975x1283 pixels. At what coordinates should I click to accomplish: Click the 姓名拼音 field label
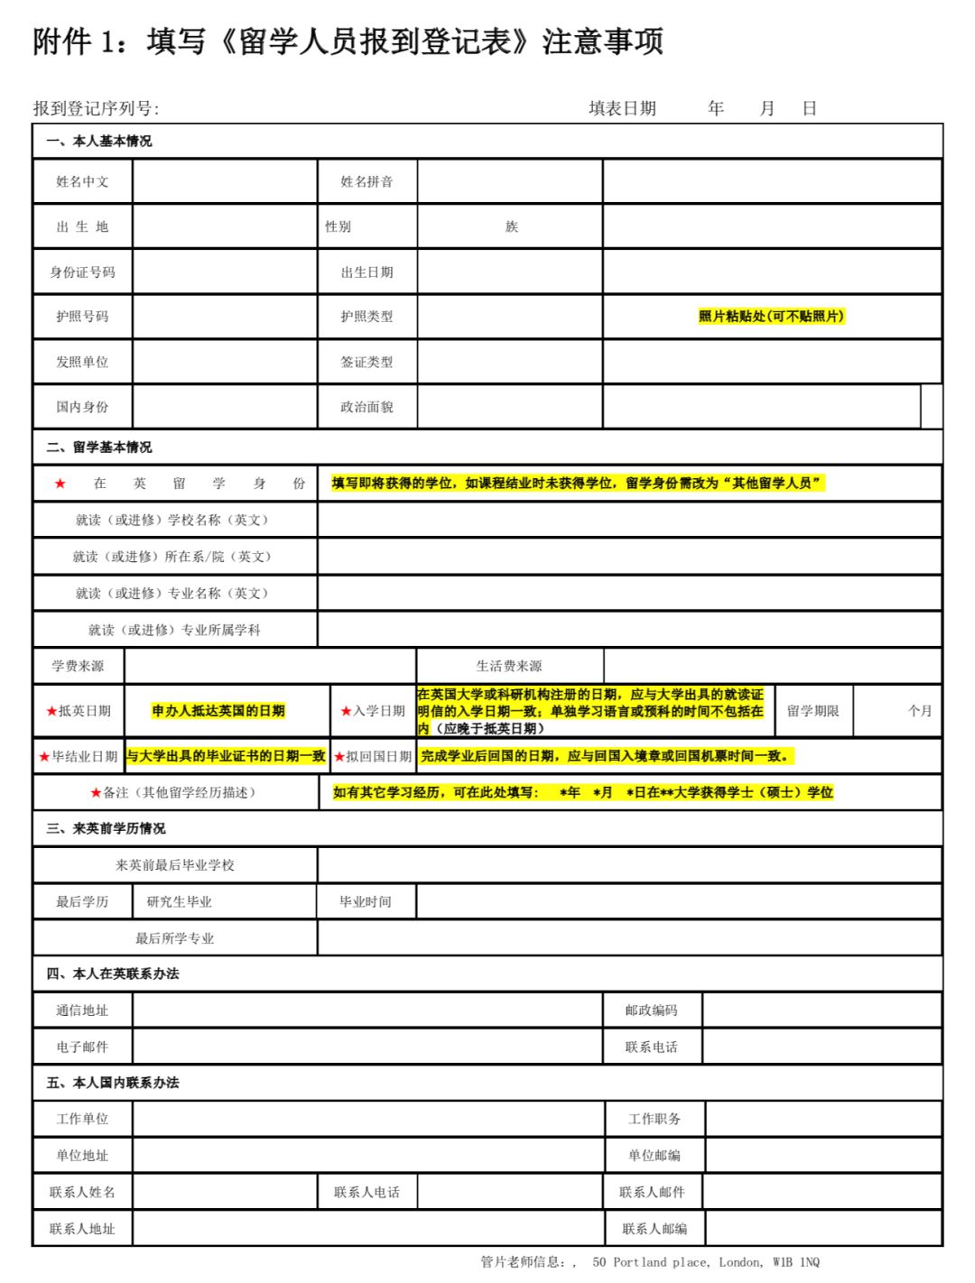click(367, 181)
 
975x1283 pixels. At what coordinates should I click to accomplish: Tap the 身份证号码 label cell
click(82, 272)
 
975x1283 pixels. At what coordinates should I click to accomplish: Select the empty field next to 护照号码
click(224, 317)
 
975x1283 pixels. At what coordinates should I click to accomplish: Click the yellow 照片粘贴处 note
click(771, 316)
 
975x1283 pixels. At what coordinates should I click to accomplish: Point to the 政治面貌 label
click(367, 407)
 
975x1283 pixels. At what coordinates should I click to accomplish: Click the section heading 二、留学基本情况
click(99, 447)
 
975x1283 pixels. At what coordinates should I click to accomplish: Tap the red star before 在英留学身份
click(60, 484)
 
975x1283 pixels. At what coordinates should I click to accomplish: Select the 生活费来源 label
click(509, 666)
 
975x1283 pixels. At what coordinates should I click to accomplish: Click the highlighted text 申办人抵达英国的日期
click(218, 711)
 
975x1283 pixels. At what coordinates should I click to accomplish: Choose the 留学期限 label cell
click(812, 711)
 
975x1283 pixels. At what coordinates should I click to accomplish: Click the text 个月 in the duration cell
click(919, 711)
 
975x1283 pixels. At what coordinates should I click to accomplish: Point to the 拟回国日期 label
click(378, 756)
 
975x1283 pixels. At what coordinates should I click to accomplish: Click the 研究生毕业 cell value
click(180, 901)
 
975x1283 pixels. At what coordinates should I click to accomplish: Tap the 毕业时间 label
click(366, 901)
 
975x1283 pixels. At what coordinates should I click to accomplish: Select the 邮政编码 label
click(651, 1011)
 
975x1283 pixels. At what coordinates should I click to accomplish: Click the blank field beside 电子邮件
click(367, 1047)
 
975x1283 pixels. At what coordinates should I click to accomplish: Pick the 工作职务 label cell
click(655, 1119)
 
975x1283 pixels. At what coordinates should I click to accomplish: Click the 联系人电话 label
click(367, 1192)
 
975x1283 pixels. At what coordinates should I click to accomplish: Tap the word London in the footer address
click(740, 1262)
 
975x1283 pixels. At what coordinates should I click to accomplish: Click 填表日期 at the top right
click(622, 108)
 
